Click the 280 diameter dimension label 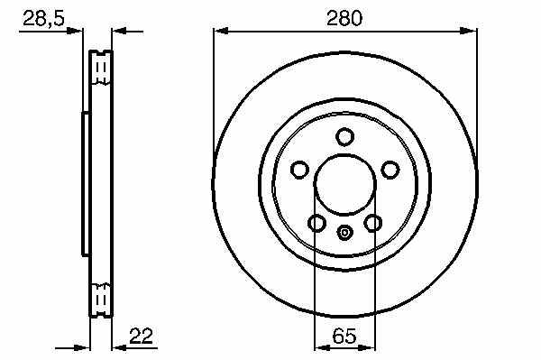[x=344, y=18]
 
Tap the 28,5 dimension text [x=43, y=18]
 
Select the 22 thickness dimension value [x=141, y=336]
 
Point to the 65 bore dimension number [x=344, y=336]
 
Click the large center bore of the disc [x=344, y=185]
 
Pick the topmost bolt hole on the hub [x=344, y=136]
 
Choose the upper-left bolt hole [x=299, y=170]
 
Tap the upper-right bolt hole [x=390, y=170]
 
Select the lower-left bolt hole [x=316, y=223]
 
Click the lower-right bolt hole [x=373, y=223]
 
